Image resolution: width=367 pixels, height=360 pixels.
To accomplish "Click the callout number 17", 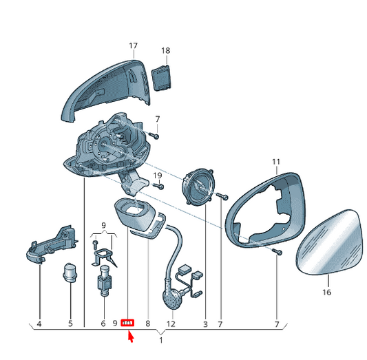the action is pos(133,45).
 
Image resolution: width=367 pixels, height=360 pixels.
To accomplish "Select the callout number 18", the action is pos(165,50).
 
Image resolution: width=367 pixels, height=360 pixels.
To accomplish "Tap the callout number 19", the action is pos(158,176).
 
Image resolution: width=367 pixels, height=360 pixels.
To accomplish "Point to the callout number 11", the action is pos(276,162).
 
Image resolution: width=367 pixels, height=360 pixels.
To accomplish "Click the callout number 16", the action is pos(327,292).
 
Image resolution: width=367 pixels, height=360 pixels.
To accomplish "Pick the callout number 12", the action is pos(171,324).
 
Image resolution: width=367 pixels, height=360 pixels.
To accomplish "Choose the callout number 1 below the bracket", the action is pos(161,340).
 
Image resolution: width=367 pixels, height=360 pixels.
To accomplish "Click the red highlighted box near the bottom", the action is pos(127,323).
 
